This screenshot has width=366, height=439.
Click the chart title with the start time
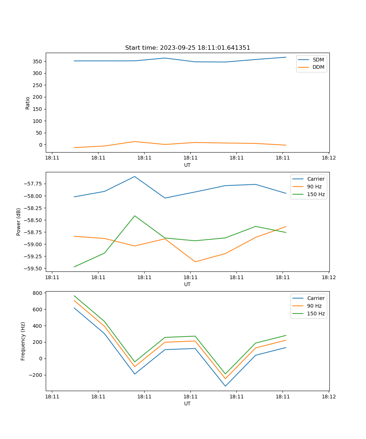point(187,48)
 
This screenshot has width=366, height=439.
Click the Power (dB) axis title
point(19,222)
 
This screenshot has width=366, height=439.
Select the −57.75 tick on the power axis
point(32,184)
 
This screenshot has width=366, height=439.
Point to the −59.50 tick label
point(32,269)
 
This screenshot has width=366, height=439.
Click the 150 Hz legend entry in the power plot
point(316,194)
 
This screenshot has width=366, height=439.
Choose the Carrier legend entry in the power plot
point(315,179)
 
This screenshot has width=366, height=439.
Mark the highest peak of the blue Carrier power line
point(135,176)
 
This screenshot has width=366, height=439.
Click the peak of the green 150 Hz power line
point(135,216)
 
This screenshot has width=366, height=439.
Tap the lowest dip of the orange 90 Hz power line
point(195,262)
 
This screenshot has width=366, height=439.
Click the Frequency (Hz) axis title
point(23,341)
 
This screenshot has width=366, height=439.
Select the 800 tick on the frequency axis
point(37,293)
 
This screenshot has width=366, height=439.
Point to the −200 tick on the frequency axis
point(35,375)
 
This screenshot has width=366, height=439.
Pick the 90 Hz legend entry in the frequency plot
point(314,306)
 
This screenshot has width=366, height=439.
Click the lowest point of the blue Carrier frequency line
point(225,386)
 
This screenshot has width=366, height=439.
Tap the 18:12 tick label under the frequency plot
point(328,396)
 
